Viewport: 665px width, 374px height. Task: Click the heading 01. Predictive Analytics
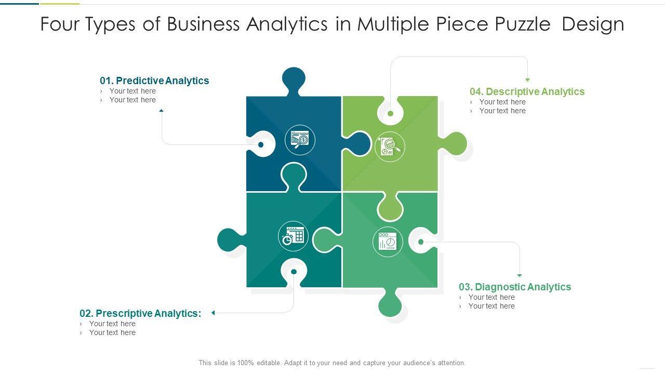tap(154, 81)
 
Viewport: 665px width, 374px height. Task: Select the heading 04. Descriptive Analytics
tap(527, 91)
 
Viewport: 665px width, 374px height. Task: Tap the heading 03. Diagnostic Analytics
tap(514, 287)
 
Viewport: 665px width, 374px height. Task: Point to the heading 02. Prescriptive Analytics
tap(140, 313)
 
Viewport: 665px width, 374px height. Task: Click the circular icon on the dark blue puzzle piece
tap(300, 140)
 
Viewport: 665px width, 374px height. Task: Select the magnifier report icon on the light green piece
tap(390, 146)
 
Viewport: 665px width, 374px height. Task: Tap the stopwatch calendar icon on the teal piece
tap(294, 236)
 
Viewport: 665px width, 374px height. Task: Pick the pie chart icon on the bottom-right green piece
tap(388, 242)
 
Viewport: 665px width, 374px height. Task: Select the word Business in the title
tap(203, 24)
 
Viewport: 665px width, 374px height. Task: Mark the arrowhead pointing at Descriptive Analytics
tap(527, 80)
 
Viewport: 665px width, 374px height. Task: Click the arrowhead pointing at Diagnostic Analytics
tap(519, 275)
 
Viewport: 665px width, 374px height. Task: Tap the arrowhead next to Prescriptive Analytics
tap(213, 313)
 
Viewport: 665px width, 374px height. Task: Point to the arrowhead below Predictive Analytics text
tap(162, 110)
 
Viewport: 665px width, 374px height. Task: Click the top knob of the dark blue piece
tap(294, 79)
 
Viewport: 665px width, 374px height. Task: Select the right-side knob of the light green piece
tap(456, 143)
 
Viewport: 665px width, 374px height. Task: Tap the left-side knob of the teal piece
tap(228, 240)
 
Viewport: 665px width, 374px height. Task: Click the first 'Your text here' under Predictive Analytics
tap(132, 91)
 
